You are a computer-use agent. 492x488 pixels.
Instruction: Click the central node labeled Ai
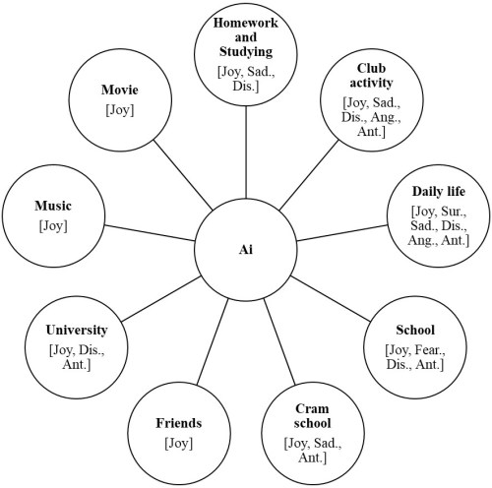click(x=245, y=250)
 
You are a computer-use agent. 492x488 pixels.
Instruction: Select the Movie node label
click(x=119, y=91)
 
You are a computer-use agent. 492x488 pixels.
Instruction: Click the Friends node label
click(x=178, y=423)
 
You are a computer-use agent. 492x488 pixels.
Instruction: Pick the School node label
click(x=414, y=330)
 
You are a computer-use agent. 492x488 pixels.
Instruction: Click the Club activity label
click(x=369, y=76)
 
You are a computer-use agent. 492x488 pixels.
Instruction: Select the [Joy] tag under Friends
click(x=178, y=443)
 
